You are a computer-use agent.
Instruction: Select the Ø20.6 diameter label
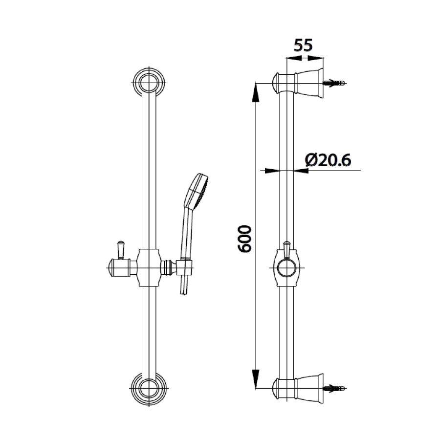(x=328, y=161)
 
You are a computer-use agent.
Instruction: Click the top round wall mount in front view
(x=149, y=83)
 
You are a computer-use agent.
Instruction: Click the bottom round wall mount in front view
(x=149, y=388)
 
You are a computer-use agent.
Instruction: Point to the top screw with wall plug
(x=334, y=83)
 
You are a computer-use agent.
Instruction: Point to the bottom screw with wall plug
(x=334, y=388)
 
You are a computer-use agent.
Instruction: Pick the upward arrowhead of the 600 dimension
(x=255, y=92)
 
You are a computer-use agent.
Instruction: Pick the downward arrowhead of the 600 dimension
(x=255, y=379)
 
